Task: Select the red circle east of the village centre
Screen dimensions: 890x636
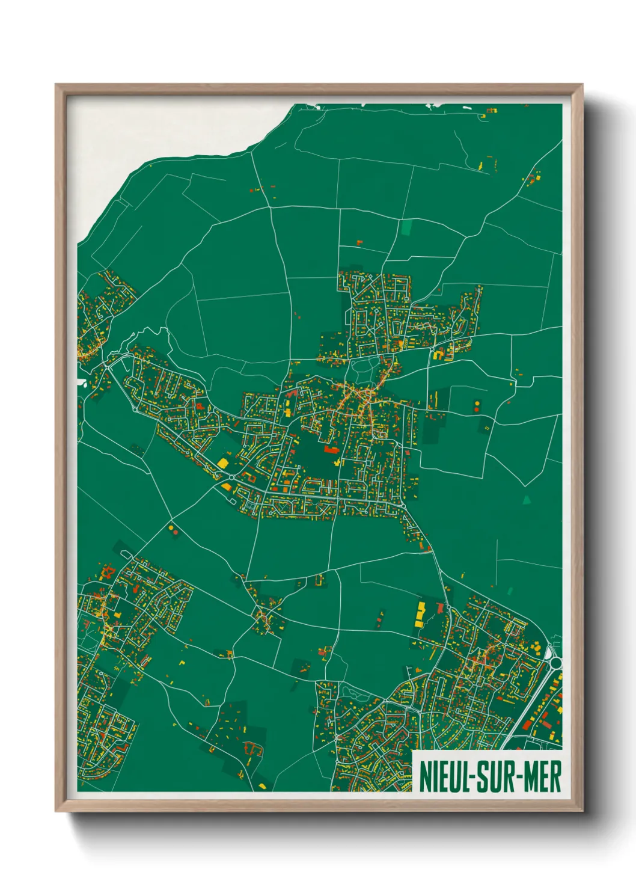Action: (x=477, y=410)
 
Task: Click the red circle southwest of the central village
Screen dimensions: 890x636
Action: (x=175, y=532)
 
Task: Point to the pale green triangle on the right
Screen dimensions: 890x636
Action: (x=527, y=499)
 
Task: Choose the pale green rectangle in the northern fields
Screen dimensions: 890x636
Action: (x=408, y=227)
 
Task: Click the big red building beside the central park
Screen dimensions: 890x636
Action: (x=331, y=449)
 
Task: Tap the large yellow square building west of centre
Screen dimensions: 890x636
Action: (x=222, y=463)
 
